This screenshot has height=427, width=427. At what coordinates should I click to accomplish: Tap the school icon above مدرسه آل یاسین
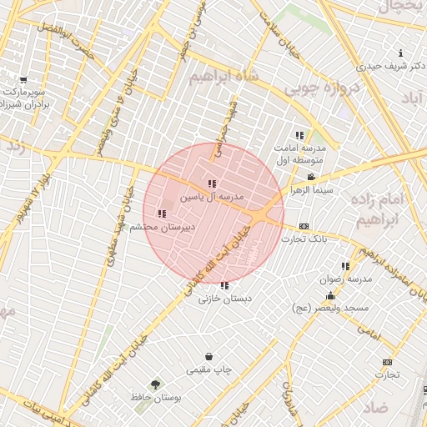point(212,183)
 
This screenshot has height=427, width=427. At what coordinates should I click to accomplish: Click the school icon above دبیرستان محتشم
point(161,213)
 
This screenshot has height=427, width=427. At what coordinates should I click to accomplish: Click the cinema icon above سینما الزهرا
point(311,177)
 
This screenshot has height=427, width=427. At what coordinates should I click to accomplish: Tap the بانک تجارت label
point(304,239)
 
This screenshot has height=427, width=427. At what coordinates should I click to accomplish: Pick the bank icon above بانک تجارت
point(304,226)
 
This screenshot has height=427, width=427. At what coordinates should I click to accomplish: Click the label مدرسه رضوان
point(344,279)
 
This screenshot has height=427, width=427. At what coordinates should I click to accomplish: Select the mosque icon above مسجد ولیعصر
point(330,295)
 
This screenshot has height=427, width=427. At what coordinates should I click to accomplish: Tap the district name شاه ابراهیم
point(220,76)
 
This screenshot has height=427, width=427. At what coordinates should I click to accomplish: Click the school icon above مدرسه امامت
point(299,135)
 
